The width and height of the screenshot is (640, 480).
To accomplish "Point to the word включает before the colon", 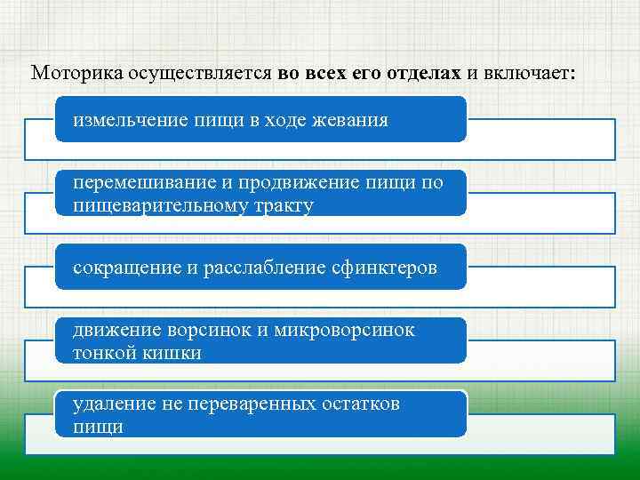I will point(527,73).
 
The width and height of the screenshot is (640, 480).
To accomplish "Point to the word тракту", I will point(284,206).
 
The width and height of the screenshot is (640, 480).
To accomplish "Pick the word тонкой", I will point(103,353).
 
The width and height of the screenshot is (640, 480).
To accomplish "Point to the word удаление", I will point(113,404).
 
